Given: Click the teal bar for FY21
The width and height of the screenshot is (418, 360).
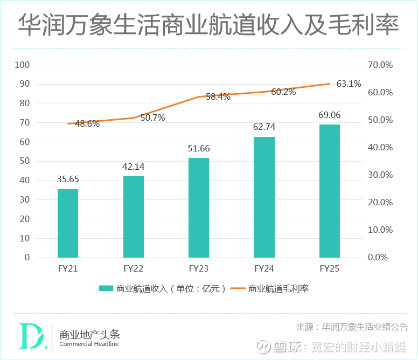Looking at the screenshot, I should tap(68, 223).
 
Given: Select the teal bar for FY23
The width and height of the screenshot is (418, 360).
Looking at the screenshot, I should tap(199, 207).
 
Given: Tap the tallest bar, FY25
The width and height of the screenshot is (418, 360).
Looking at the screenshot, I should tap(330, 191).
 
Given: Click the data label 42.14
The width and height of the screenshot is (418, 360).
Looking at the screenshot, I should tap(134, 167).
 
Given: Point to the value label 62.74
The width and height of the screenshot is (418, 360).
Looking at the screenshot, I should tap(264, 127).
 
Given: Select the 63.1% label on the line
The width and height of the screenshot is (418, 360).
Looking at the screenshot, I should tap(349, 84).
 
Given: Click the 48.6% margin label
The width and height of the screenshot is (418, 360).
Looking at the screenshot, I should tap(87, 123).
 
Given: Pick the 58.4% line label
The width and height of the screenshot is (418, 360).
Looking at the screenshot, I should tap(218, 97).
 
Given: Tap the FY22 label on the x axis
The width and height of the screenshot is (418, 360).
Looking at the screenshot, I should tap(133, 268).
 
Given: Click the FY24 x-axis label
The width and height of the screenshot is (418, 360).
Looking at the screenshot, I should tap(264, 268).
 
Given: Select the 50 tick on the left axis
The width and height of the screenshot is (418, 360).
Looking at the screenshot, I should tap(25, 161).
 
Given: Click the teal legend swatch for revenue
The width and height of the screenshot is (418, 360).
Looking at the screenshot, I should tap(106, 289).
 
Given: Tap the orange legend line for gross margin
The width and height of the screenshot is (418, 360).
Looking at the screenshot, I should tap(238, 289).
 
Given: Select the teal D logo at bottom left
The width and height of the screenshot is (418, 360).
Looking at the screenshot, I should tap(31, 336).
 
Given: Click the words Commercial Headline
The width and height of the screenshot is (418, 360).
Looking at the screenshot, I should tap(89, 344).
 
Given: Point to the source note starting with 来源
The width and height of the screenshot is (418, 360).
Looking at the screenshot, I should tap(352, 327).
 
